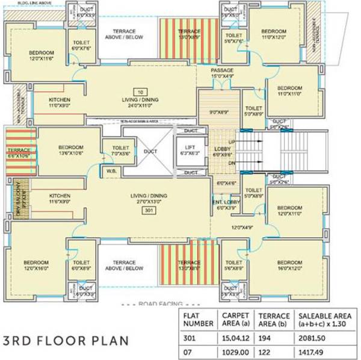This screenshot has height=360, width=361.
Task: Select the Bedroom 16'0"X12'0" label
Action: point(290,265)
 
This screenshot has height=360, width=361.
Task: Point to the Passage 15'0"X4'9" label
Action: point(222,73)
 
